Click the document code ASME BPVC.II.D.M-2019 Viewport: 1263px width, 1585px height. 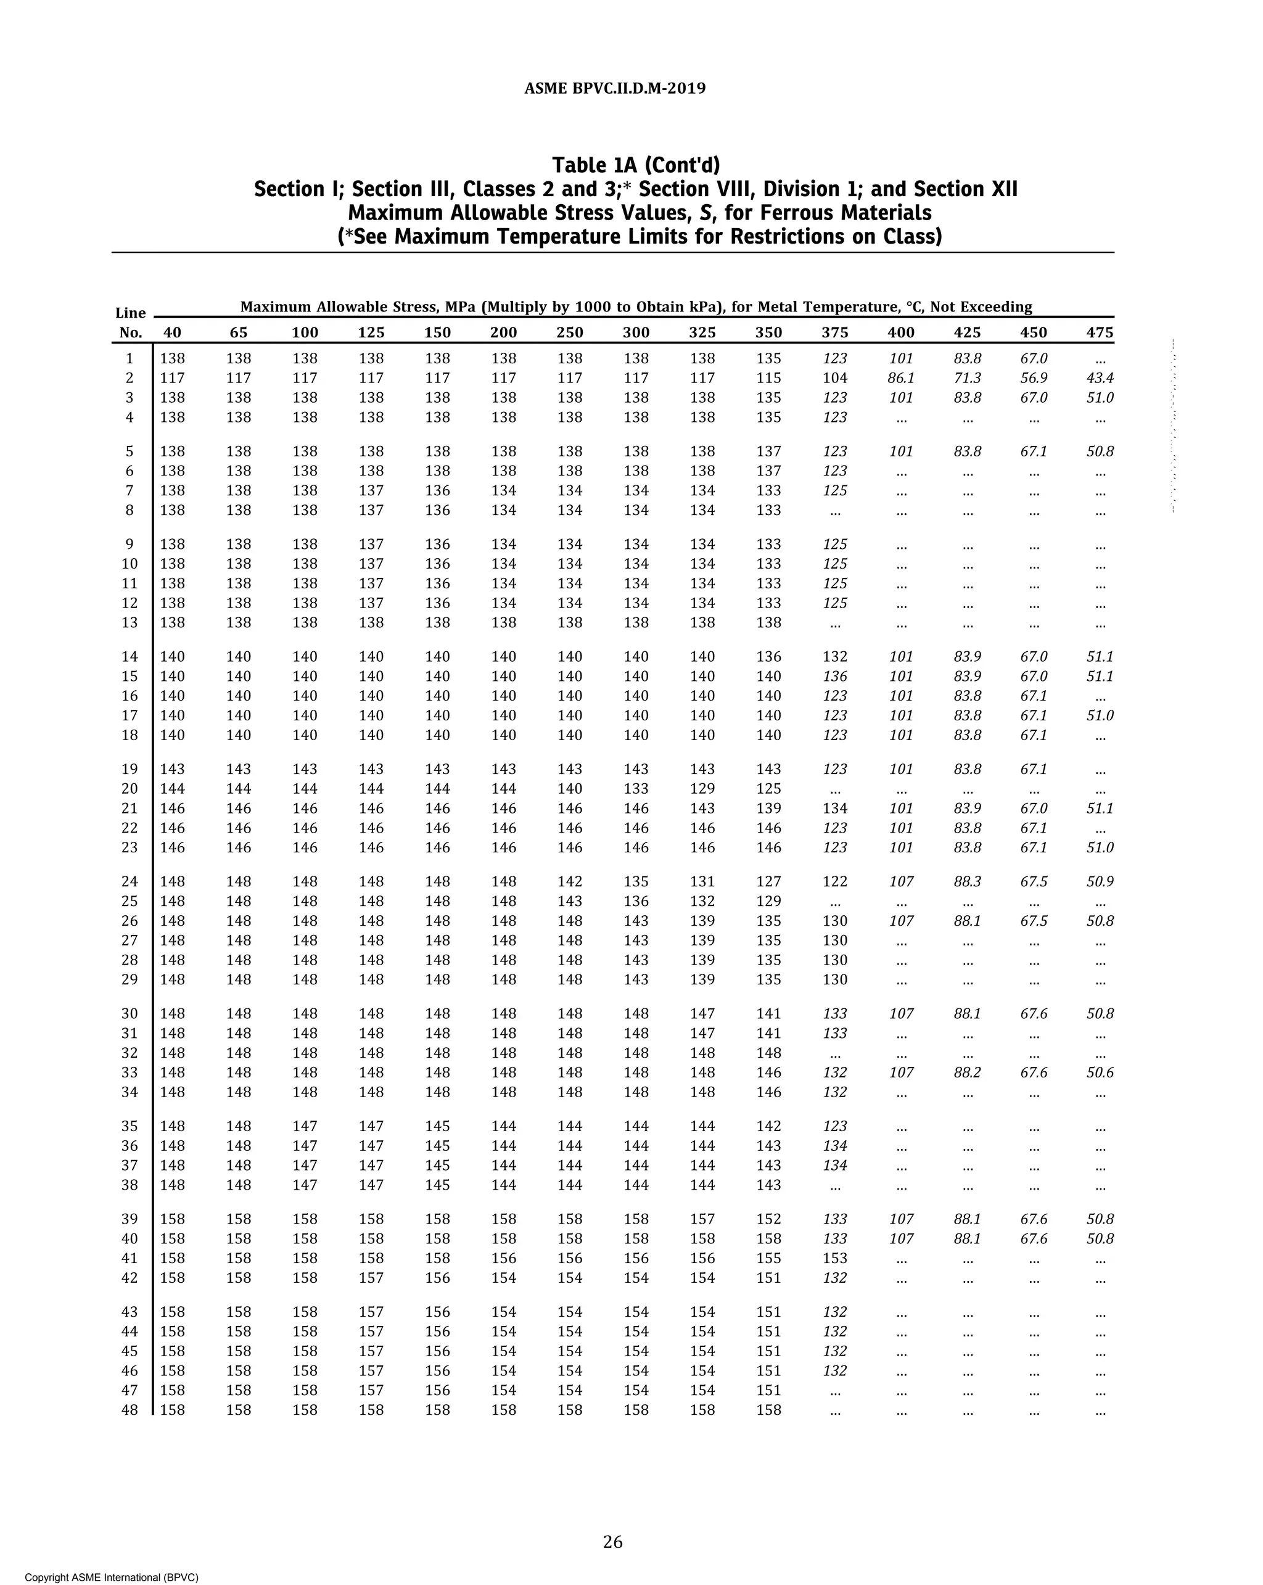coord(615,89)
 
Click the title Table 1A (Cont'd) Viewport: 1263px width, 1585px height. coord(636,165)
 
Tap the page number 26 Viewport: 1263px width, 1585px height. coord(612,1542)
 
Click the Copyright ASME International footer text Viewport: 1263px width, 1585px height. coord(112,1577)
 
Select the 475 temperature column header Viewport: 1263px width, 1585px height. coord(1099,332)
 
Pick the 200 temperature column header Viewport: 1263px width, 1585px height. coord(504,332)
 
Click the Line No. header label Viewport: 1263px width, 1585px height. coord(130,323)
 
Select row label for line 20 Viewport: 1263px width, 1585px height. coord(130,789)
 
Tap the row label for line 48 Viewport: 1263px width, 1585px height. coord(130,1410)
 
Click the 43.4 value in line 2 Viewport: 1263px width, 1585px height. coord(1099,378)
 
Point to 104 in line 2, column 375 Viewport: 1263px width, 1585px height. coord(834,378)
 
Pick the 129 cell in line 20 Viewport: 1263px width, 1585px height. coord(702,789)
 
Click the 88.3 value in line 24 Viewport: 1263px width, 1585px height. coord(967,881)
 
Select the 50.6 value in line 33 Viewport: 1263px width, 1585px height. coord(1099,1072)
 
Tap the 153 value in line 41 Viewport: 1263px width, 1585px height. coord(834,1258)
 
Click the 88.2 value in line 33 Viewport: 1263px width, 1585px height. coord(967,1072)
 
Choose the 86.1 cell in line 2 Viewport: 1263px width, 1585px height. coord(900,378)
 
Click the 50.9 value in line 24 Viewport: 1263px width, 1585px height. coord(1099,881)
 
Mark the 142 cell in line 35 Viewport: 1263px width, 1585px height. coord(768,1126)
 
